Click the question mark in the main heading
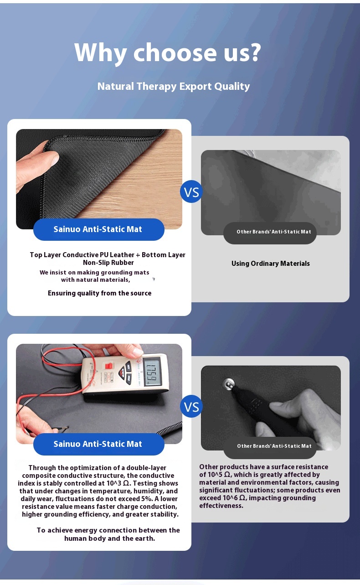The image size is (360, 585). coord(254,52)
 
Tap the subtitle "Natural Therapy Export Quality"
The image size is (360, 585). coord(174,87)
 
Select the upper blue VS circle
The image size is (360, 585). coord(191,192)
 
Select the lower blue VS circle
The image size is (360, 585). coord(191,406)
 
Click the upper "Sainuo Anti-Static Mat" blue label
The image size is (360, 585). coord(99,229)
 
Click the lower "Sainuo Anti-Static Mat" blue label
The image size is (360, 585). coord(99,444)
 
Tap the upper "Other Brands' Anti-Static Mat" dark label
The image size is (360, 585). coord(270,232)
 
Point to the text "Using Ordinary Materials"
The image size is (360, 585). coord(271,264)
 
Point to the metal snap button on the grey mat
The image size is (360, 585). coord(229,383)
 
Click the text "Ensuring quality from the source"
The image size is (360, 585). coord(99,293)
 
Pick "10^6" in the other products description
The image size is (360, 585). coord(230,498)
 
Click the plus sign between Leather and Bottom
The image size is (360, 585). coord(138,255)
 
